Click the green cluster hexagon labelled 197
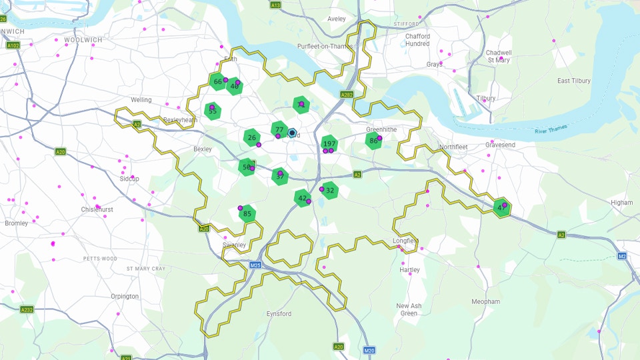pos(329,144)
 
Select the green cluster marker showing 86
pos(373,141)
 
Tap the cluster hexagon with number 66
pos(217,82)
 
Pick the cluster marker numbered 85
pos(247,214)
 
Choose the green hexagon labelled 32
pos(329,190)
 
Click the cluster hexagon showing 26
pos(251,138)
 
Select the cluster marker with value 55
pos(213,111)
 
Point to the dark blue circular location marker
pos(292,133)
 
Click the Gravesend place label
pos(500,145)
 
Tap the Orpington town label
pos(125,296)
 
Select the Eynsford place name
pos(279,313)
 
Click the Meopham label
pos(485,302)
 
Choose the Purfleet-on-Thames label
pos(326,46)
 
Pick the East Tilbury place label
pos(573,81)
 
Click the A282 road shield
pos(347,95)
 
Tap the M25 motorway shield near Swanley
pos(255,265)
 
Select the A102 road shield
pos(13,45)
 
